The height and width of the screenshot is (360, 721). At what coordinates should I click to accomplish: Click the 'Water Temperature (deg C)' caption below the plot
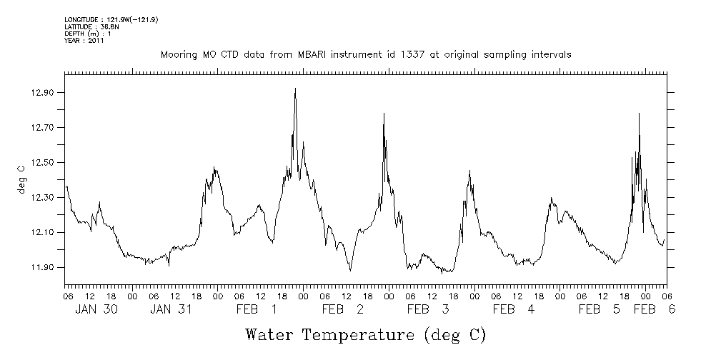click(x=365, y=334)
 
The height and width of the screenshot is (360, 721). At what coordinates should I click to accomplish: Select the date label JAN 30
click(x=96, y=309)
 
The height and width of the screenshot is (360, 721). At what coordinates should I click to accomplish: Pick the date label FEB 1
click(x=257, y=309)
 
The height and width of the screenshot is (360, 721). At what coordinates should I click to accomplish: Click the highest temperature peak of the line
click(x=295, y=89)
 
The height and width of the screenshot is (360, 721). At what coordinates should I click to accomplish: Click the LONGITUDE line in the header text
click(x=111, y=20)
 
